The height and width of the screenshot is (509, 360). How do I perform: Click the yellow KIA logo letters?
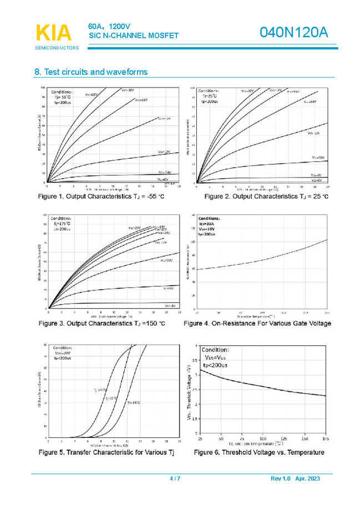coord(54,33)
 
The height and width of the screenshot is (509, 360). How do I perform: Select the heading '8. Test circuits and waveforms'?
coord(91,72)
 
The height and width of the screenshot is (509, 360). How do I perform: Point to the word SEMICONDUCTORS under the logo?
coord(57,48)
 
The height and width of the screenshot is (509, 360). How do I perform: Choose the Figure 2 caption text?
coord(266,197)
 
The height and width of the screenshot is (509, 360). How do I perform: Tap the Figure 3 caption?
coord(102,323)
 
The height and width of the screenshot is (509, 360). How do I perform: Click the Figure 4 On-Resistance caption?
coord(257,323)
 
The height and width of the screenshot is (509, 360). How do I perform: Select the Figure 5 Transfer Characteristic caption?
coord(106,452)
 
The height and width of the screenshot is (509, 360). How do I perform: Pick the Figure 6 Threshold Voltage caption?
coord(259,452)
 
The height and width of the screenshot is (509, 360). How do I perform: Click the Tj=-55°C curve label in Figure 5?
coord(134,402)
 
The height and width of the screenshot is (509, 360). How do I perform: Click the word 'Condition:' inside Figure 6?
coord(215,350)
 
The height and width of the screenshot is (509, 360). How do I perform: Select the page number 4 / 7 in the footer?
coord(175,478)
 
